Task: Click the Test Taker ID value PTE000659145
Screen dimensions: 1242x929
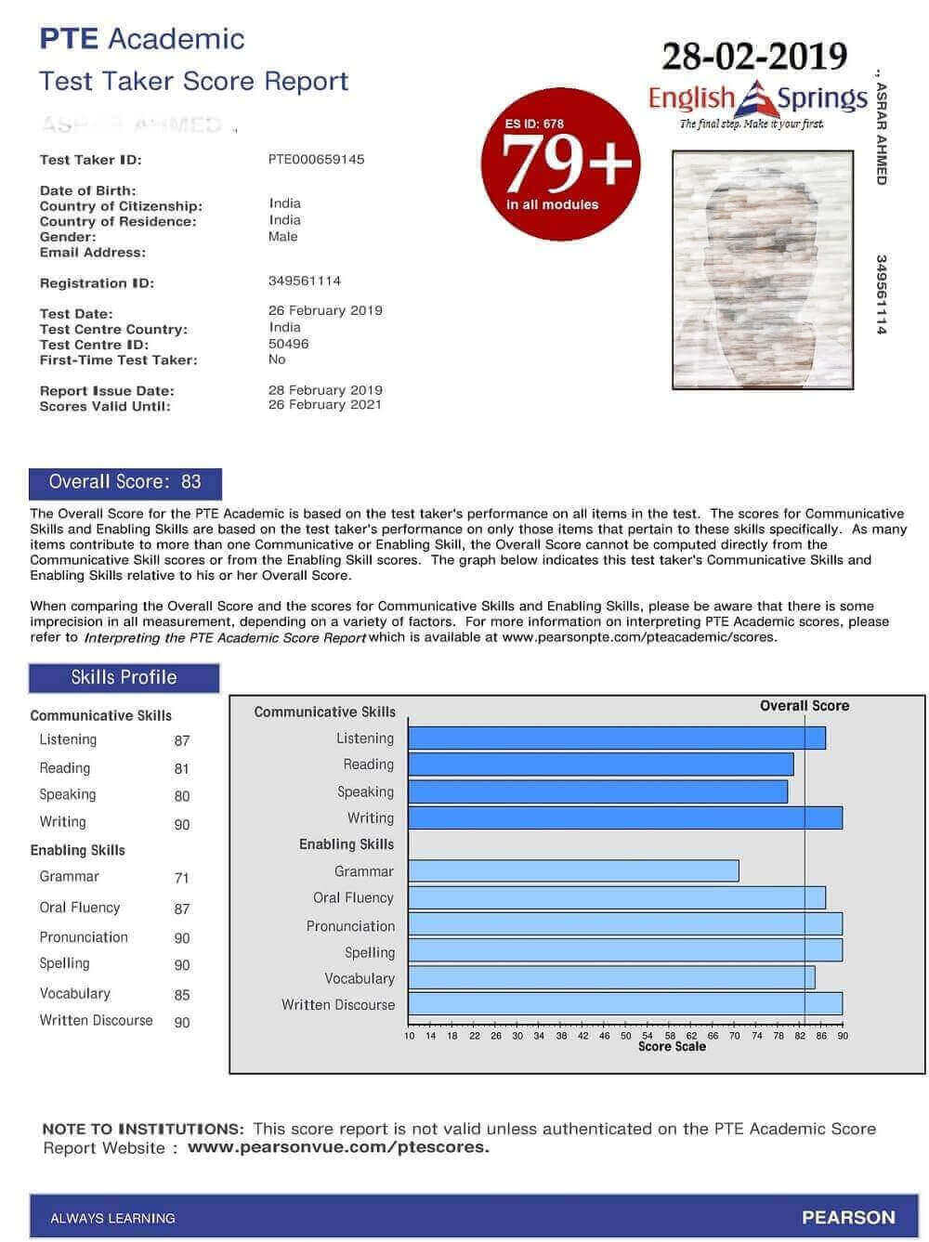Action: [x=316, y=160]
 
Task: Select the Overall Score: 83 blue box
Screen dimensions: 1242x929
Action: [x=125, y=482]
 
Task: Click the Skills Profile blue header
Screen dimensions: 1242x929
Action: [x=124, y=678]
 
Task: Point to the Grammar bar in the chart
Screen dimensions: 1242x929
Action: [x=573, y=871]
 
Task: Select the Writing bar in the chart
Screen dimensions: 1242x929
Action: [x=625, y=818]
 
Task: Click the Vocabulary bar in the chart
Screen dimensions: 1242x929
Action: [x=611, y=978]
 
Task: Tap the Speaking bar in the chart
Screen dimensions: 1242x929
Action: [x=597, y=791]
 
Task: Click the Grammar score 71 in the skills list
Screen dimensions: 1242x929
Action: [x=182, y=878]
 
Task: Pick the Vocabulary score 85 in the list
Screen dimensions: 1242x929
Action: [x=182, y=995]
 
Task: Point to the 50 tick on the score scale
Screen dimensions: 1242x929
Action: [x=626, y=1036]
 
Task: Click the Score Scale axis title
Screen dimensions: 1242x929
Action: [x=672, y=1047]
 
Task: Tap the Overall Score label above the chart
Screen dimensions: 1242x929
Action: [x=805, y=706]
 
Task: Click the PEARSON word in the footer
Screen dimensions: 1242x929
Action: [x=848, y=1218]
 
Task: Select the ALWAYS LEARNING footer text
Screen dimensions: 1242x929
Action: [x=112, y=1218]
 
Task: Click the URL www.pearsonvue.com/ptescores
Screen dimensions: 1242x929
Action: [x=338, y=1147]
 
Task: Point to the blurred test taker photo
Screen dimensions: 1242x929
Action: [x=763, y=269]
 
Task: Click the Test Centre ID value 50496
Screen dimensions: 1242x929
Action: [x=289, y=344]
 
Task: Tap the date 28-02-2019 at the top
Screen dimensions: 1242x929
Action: [x=754, y=57]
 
